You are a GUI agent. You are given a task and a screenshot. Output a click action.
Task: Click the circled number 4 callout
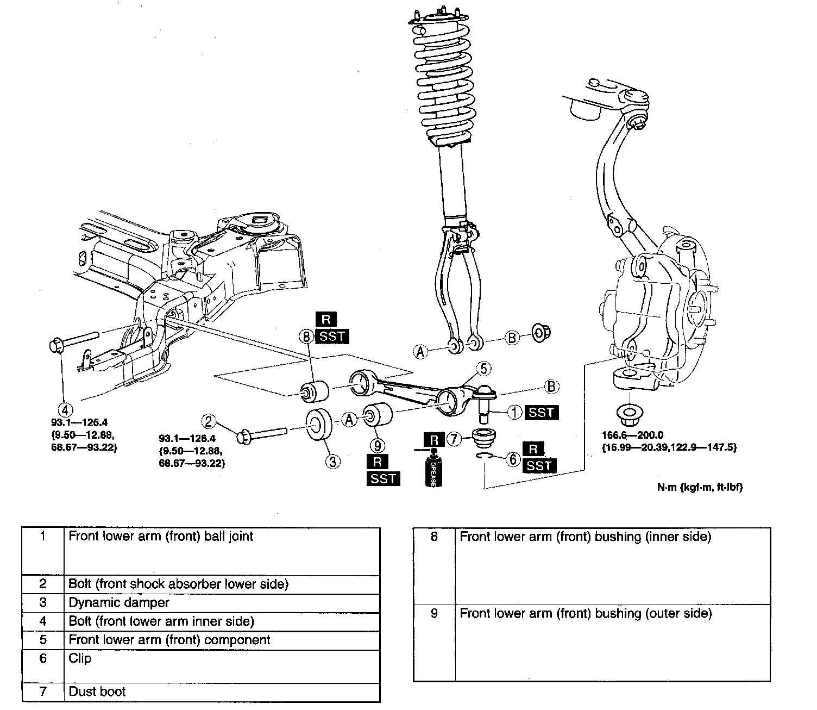[x=64, y=409]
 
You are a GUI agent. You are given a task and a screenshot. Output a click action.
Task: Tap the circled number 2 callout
[x=209, y=421]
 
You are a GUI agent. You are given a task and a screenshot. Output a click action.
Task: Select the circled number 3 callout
[x=332, y=462]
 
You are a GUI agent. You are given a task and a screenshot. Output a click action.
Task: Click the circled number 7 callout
[x=454, y=438]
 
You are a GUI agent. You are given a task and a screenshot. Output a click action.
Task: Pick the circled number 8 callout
[x=306, y=337]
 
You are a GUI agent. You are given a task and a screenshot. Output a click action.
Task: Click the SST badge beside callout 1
[x=542, y=412]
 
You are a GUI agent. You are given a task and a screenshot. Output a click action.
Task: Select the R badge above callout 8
[x=326, y=320]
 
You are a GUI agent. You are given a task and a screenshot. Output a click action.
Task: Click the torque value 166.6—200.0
[x=633, y=435]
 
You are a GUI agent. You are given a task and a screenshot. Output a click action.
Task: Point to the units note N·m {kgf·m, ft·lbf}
[x=700, y=487]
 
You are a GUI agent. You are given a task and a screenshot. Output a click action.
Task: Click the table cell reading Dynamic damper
[x=118, y=602]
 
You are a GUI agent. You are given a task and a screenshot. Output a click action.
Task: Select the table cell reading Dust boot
[x=97, y=692]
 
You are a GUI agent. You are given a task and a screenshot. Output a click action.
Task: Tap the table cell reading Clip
[x=80, y=658]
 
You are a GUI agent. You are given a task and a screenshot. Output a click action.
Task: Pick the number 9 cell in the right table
[x=434, y=613]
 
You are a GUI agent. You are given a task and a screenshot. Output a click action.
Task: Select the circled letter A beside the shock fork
[x=420, y=352]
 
